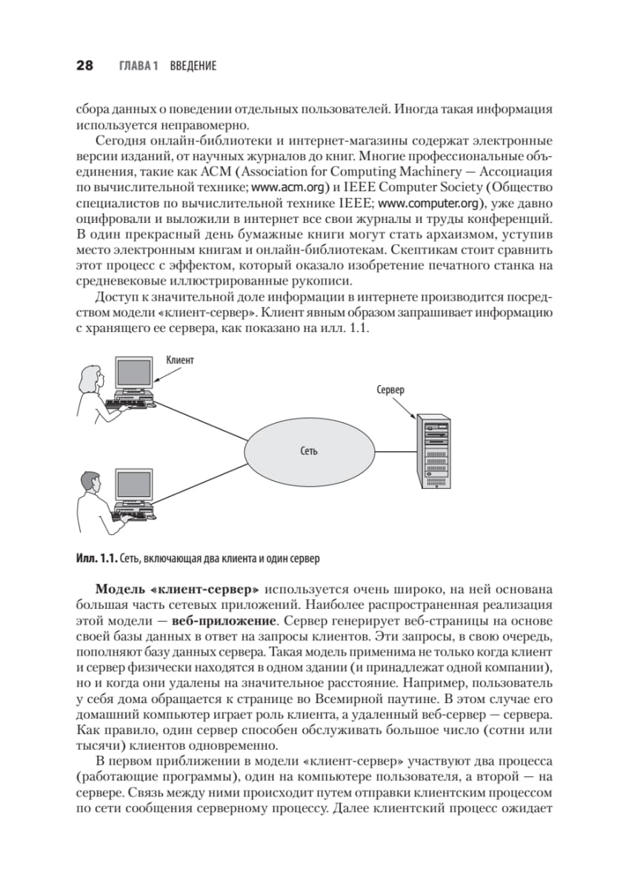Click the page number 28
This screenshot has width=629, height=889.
(84, 66)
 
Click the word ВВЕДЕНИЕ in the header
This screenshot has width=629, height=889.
(193, 67)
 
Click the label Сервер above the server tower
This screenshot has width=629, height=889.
(390, 390)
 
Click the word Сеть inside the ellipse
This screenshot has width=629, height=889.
(310, 450)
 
